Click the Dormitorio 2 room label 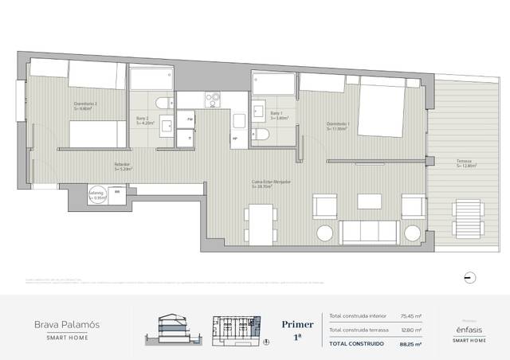click(85, 104)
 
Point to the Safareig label click(96, 194)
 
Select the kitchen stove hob click(213, 100)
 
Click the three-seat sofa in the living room click(369, 231)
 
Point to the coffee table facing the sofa click(368, 200)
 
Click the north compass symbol click(469, 276)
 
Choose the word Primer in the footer click(298, 325)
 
